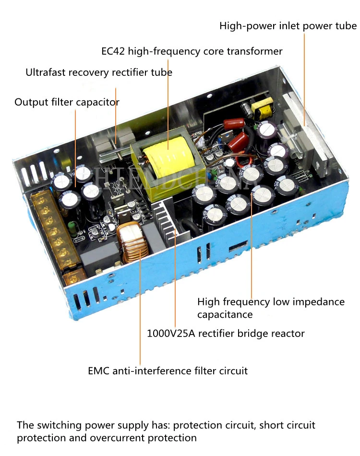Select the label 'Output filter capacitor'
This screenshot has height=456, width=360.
pos(67,102)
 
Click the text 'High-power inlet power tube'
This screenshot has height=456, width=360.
pos(288,26)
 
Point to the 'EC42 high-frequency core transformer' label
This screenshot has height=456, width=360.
pos(192,51)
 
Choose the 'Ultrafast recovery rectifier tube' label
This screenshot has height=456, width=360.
pos(99,72)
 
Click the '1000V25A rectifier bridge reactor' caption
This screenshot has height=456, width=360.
pos(226,333)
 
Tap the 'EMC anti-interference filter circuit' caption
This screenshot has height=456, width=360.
pos(168,371)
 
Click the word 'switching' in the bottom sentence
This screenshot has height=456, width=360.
pos(55,425)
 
